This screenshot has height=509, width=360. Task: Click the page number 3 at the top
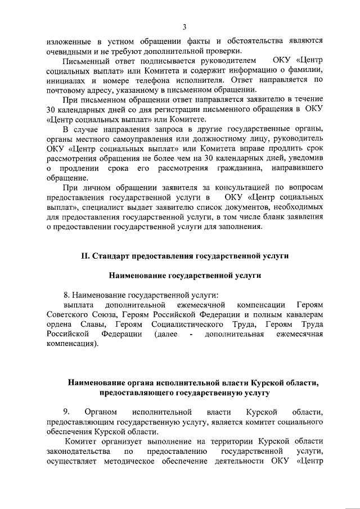click(184, 26)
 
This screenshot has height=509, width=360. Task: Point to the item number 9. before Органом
click(66, 412)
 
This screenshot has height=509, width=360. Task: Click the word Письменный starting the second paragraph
click(84, 60)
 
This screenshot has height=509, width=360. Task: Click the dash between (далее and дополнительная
click(191, 335)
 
